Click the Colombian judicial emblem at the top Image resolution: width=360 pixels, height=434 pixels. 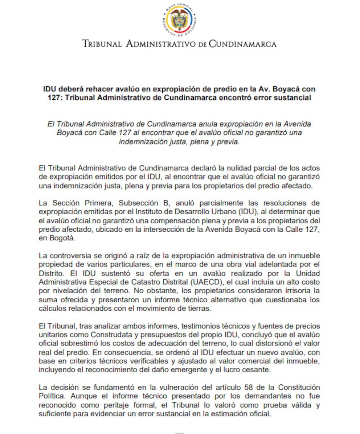pyautogui.click(x=180, y=21)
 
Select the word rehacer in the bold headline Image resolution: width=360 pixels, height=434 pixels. pyautogui.click(x=90, y=89)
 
